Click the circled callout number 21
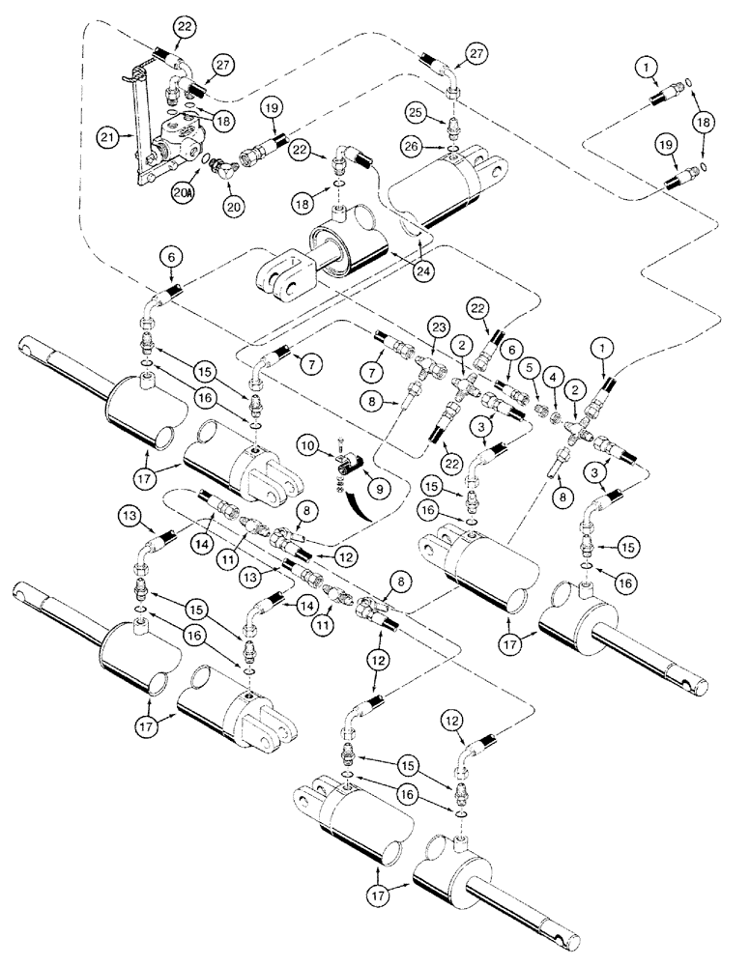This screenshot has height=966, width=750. [x=109, y=138]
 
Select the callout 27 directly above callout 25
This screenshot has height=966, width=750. [x=476, y=53]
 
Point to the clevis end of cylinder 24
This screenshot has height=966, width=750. [x=282, y=275]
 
